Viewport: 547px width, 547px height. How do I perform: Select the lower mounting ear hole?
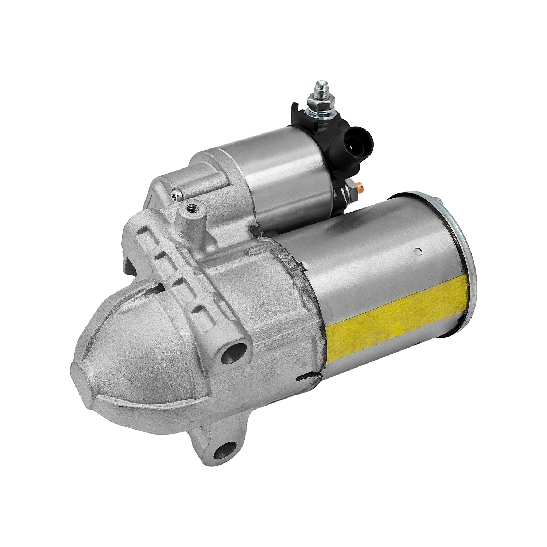[x=221, y=451]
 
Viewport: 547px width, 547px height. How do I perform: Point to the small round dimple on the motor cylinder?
[x=419, y=251]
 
